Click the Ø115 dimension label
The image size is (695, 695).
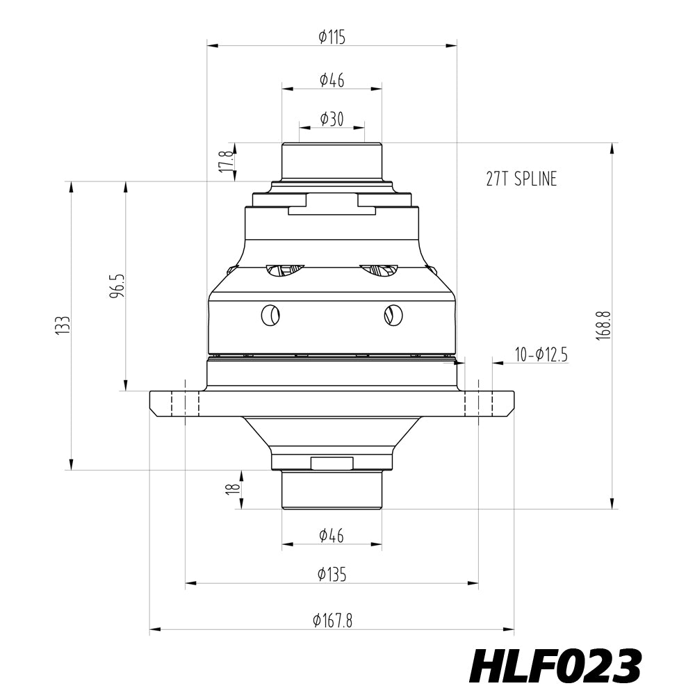pos(332,38)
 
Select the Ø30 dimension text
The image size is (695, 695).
pos(332,120)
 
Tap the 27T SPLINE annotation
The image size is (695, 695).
pos(521,179)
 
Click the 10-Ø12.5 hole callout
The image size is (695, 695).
pos(541,355)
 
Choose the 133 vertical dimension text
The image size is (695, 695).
pos(63,325)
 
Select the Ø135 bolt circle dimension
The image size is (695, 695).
pos(332,574)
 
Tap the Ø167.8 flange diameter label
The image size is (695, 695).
pos(332,621)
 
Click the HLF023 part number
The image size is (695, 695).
pos(555,667)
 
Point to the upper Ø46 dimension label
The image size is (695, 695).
pos(332,80)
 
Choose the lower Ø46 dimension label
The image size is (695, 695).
pos(332,535)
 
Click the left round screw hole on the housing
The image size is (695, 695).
pos(270,316)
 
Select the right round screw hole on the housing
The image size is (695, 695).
pos(393,315)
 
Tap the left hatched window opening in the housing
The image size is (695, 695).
pos(285,270)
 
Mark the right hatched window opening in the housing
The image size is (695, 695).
pos(379,270)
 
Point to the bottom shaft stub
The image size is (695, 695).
pos(332,490)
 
